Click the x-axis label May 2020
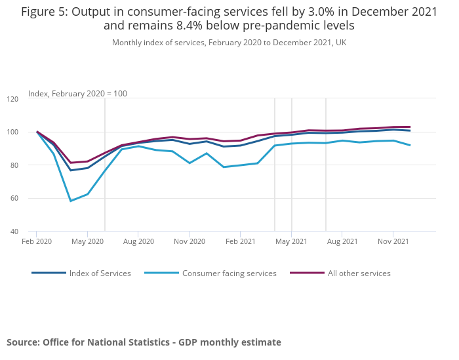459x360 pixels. point(87,241)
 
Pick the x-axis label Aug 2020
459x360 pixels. point(138,241)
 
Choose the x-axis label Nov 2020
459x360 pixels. point(189,241)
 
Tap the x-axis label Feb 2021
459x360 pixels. point(240,241)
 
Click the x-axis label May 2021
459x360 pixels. point(291,241)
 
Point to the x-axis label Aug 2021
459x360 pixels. point(342,241)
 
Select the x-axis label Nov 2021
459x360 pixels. point(393,241)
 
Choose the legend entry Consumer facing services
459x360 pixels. point(229,273)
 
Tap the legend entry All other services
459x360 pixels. point(359,273)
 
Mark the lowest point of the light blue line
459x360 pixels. point(70,201)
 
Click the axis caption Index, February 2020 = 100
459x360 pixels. point(77,94)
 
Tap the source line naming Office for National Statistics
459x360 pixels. point(144,342)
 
